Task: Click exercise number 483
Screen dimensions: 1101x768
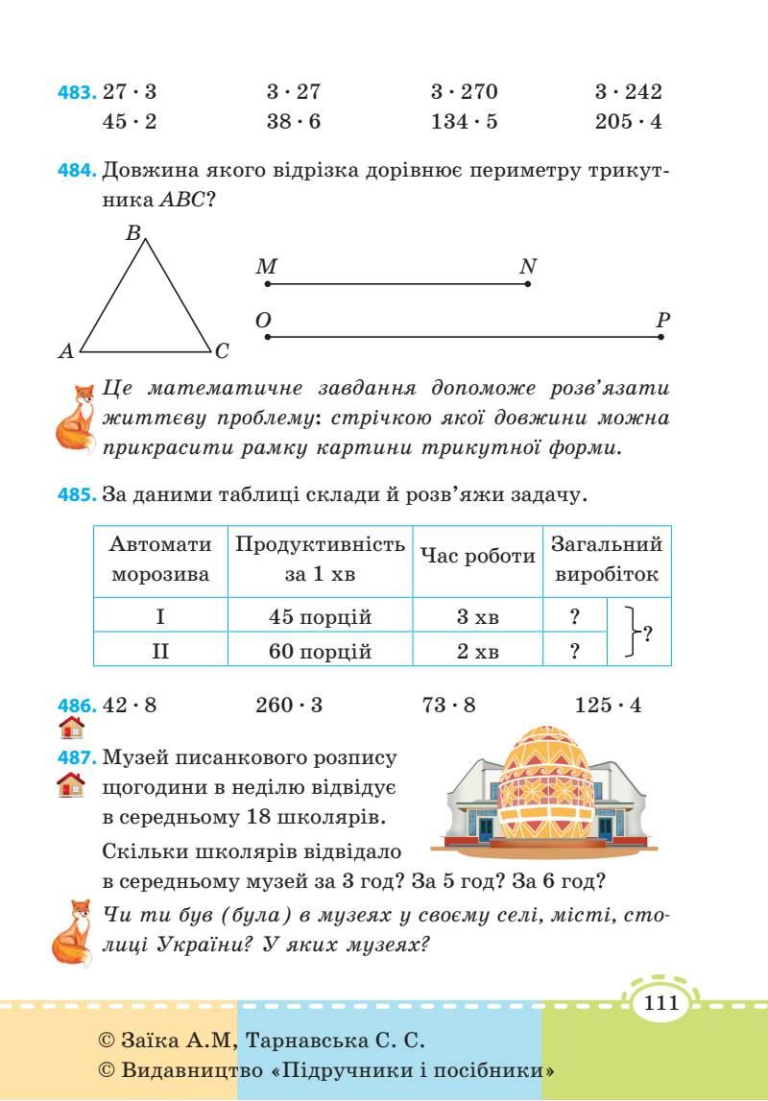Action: pyautogui.click(x=78, y=93)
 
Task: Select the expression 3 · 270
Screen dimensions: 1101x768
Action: pyautogui.click(x=465, y=92)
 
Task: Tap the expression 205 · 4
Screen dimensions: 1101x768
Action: pyautogui.click(x=628, y=122)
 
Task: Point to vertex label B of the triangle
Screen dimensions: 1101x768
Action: pyautogui.click(x=133, y=232)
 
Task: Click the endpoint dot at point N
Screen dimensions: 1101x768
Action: pyautogui.click(x=529, y=283)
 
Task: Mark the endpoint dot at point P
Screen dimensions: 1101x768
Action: pyautogui.click(x=662, y=336)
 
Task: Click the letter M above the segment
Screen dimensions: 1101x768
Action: pyautogui.click(x=266, y=267)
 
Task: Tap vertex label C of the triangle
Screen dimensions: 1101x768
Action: pyautogui.click(x=222, y=352)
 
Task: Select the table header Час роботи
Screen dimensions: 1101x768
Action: pyautogui.click(x=477, y=558)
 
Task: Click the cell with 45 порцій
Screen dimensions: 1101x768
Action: pyautogui.click(x=320, y=617)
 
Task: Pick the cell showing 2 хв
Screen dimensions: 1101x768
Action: pyautogui.click(x=477, y=653)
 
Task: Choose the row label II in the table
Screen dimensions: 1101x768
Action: pyautogui.click(x=160, y=653)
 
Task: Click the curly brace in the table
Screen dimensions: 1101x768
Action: pyautogui.click(x=630, y=632)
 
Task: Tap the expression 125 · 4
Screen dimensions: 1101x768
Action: pyautogui.click(x=608, y=706)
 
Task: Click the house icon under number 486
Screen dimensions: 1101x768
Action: pyautogui.click(x=70, y=727)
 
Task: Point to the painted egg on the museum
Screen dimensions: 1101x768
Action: pyautogui.click(x=543, y=783)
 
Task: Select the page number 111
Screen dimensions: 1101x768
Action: pyautogui.click(x=661, y=1005)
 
